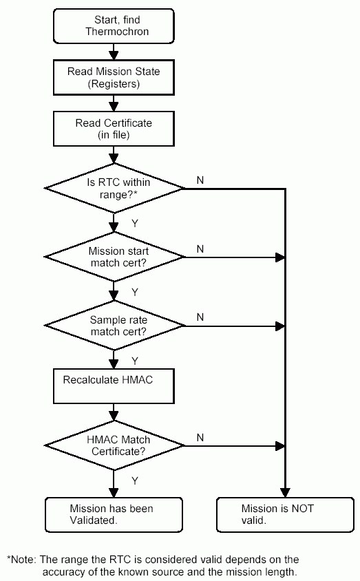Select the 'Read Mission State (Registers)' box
114,76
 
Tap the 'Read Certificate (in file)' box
114,129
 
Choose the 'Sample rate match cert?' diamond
114,326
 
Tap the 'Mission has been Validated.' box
114,514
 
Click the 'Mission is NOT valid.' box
284,514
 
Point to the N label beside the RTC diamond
200,180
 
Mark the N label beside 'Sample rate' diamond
200,317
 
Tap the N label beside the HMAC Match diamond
200,437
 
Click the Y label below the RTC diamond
135,223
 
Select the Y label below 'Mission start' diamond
135,292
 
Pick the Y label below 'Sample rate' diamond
135,361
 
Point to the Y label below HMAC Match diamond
135,480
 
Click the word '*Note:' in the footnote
21,560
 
